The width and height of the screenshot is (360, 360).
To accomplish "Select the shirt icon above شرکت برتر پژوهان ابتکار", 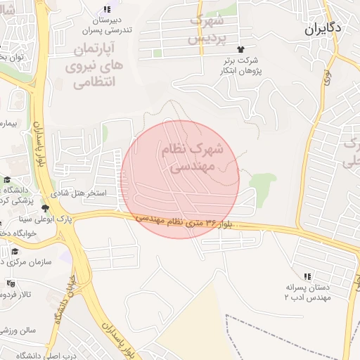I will click(240, 49).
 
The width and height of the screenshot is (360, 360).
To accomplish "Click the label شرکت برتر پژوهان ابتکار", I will click(241, 66).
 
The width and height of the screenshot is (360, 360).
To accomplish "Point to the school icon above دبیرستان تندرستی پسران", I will click(106, 9).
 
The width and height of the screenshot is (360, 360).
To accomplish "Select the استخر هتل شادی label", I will click(80, 191).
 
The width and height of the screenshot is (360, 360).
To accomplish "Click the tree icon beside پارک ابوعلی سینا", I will click(46, 208).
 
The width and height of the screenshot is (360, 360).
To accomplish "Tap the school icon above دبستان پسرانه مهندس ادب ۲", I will click(307, 276).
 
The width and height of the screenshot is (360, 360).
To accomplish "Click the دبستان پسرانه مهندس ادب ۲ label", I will click(307, 292).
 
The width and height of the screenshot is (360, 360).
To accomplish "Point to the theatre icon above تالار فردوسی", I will click(10, 283).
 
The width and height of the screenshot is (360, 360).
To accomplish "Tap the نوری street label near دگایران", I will click(328, 78).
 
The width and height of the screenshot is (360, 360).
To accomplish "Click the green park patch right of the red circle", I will click(262, 184).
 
